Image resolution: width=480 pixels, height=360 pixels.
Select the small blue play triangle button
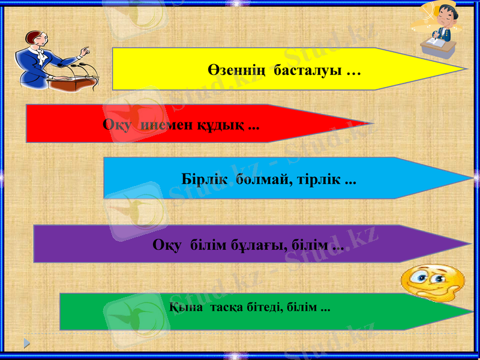(26, 343)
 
